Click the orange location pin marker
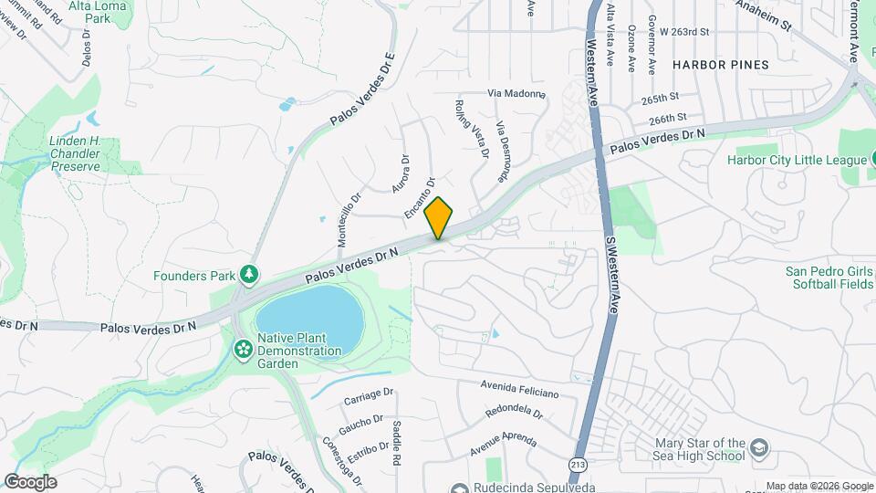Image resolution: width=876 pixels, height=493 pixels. pos(439,217)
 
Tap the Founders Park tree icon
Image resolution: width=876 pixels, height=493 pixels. pos(247,275)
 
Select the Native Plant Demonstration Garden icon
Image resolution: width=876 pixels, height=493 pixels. pos(243,349)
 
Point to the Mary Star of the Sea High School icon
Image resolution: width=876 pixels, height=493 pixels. pos(759,449)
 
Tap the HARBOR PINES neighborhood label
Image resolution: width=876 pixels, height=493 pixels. pos(720,65)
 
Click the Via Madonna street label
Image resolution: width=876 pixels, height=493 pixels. pos(516,93)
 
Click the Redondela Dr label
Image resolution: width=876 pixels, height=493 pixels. pos(514,413)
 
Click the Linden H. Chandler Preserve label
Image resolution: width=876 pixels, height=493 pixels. pos(81,154)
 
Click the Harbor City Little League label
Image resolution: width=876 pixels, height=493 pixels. pos(796,161)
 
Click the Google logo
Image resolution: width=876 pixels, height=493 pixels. pos(29,482)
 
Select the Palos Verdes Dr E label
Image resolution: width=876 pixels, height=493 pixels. pos(363,89)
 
